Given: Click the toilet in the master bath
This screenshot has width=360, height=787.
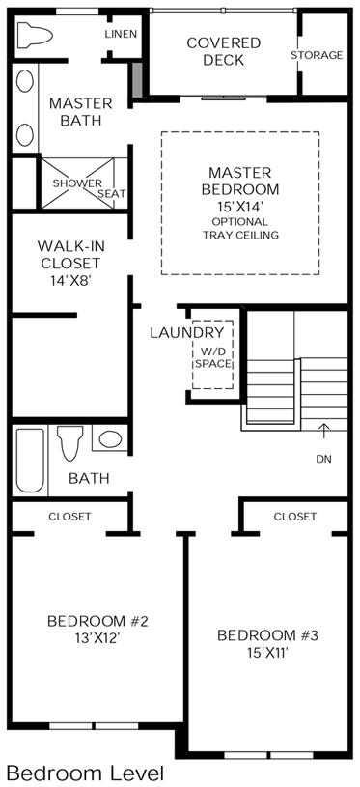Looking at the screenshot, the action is [35, 35].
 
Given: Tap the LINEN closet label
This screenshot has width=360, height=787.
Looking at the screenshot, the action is [121, 34].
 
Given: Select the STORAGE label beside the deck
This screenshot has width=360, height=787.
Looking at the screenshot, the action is [317, 55].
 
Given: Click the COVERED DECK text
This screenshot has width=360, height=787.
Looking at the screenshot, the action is [224, 51].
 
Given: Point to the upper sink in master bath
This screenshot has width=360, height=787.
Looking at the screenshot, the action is [24, 81].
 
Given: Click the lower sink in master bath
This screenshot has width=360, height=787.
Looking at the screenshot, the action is [24, 134].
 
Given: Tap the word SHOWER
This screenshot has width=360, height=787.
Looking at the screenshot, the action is [77, 183].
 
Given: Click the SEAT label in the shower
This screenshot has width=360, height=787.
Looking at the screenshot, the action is [112, 193].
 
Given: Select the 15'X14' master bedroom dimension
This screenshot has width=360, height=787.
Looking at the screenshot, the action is [240, 206].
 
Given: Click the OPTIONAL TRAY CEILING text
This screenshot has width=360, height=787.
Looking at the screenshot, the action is [240, 228].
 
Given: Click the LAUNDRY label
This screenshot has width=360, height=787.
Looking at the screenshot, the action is [187, 332].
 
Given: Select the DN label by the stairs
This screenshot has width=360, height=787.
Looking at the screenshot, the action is [324, 459].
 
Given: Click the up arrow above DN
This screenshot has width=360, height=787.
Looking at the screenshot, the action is [324, 432].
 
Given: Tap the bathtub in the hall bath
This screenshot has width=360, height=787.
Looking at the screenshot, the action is [30, 460].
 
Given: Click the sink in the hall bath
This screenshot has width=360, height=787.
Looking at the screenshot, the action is [110, 438].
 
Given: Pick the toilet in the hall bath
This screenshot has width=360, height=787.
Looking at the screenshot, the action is [70, 442].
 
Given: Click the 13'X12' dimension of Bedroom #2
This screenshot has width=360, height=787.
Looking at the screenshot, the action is [97, 638].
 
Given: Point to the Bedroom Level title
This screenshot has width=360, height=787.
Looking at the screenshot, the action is [86, 773].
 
